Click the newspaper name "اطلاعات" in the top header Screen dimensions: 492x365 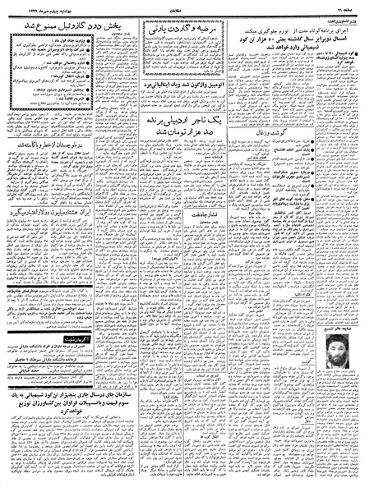(182, 7)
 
